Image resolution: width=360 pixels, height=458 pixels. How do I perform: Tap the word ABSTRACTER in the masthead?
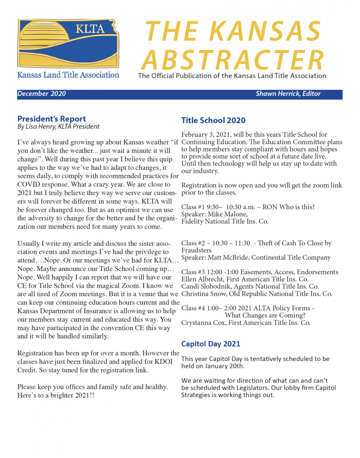click(235, 60)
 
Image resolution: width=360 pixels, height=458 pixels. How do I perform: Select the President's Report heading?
click(51, 119)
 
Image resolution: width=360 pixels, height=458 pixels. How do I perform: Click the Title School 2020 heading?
click(213, 120)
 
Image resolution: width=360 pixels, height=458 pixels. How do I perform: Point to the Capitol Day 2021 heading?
click(211, 343)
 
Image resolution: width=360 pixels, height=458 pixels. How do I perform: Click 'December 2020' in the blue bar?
click(42, 94)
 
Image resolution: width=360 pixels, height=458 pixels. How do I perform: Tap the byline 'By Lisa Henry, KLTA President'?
click(58, 126)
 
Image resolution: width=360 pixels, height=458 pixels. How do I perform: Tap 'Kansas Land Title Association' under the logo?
click(68, 75)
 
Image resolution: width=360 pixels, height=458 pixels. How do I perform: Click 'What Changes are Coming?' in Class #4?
click(265, 315)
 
